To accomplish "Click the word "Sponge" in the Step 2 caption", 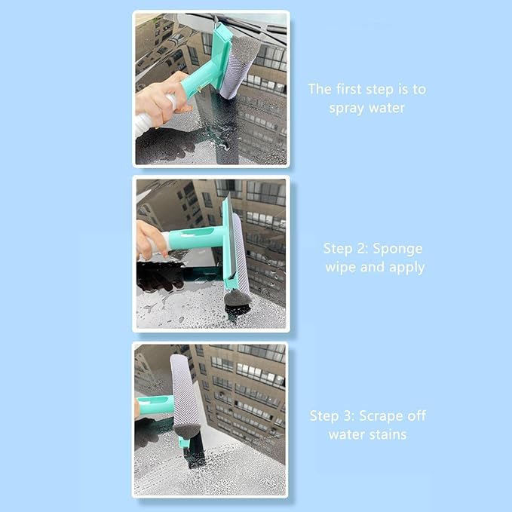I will click(x=400, y=248).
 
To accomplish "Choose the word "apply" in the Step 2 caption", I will click(x=406, y=268).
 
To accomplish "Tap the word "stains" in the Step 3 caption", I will click(x=388, y=434).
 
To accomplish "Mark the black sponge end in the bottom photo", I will click(x=186, y=433).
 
